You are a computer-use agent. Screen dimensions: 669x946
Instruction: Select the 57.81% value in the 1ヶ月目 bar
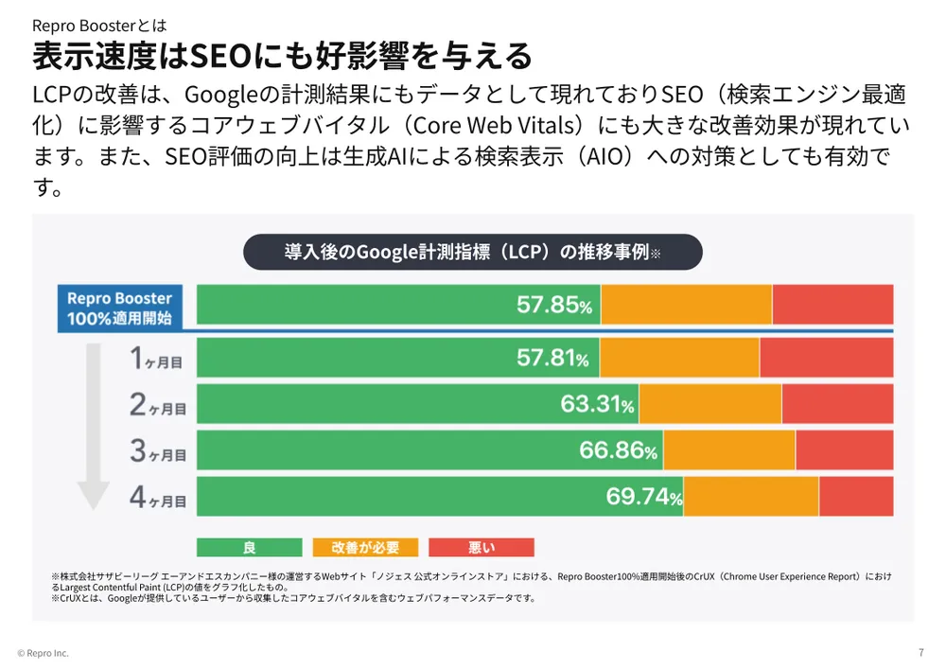click(x=552, y=358)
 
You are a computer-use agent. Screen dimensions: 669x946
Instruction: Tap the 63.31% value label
click(x=596, y=404)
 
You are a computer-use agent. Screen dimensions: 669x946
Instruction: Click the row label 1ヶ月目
click(x=157, y=360)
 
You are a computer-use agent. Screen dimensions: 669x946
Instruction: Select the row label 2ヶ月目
click(x=157, y=406)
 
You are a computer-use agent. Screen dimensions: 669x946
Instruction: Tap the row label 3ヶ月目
click(x=157, y=452)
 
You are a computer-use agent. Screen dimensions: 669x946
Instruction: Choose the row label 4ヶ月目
click(x=157, y=498)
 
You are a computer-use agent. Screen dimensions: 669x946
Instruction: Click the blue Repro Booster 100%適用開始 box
click(x=119, y=308)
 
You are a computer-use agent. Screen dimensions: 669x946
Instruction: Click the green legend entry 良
click(x=250, y=548)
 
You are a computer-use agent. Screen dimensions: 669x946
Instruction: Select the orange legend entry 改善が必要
click(x=365, y=548)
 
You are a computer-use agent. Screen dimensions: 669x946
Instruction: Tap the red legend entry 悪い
click(x=481, y=548)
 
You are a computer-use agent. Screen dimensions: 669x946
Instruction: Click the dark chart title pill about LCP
click(x=473, y=253)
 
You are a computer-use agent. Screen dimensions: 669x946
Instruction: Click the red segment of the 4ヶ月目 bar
click(x=855, y=497)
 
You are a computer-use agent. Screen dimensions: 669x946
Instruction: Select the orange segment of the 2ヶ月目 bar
click(x=709, y=404)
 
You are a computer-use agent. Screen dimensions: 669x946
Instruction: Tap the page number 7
click(x=920, y=652)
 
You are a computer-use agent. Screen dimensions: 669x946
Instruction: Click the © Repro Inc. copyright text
click(x=43, y=653)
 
